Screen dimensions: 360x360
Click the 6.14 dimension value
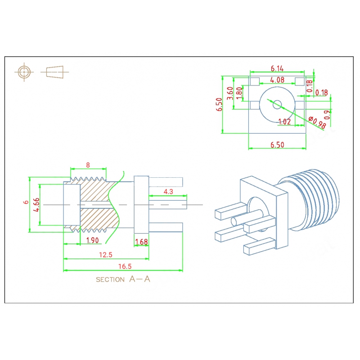click(277, 68)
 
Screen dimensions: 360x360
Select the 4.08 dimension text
click(277, 80)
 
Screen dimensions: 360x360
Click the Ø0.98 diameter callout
click(317, 122)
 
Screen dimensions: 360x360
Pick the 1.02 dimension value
click(284, 121)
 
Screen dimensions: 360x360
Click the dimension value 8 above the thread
click(88, 165)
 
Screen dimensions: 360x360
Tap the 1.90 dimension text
click(92, 240)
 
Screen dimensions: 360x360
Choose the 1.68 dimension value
click(141, 242)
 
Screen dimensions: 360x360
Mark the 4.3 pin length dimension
click(168, 192)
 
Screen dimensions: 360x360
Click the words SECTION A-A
click(123, 279)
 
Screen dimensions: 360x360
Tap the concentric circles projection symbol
click(24, 72)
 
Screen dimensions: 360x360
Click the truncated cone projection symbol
click(54, 72)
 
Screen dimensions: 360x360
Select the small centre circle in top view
click(277, 105)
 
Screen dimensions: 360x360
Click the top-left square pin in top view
click(255, 81)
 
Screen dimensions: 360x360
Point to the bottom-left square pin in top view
click(255, 105)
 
